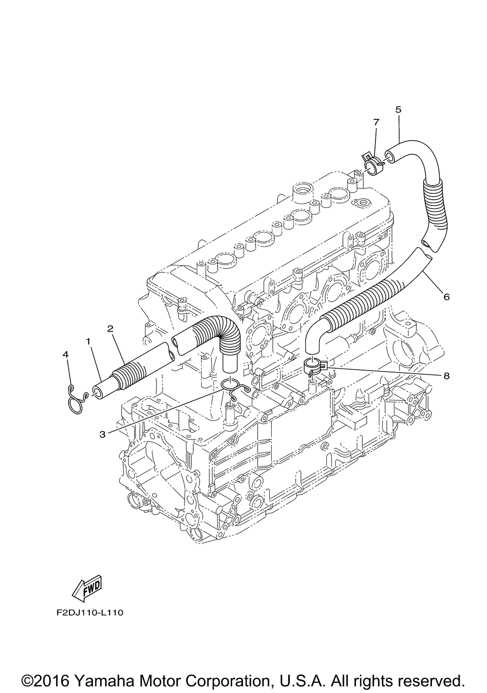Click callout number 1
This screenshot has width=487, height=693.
88,342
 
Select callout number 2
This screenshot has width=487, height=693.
111,329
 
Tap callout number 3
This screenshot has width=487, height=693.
102,434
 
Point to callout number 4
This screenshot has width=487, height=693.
66,355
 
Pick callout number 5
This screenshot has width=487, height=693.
398,110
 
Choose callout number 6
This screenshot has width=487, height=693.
446,297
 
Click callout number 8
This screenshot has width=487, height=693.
446,375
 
